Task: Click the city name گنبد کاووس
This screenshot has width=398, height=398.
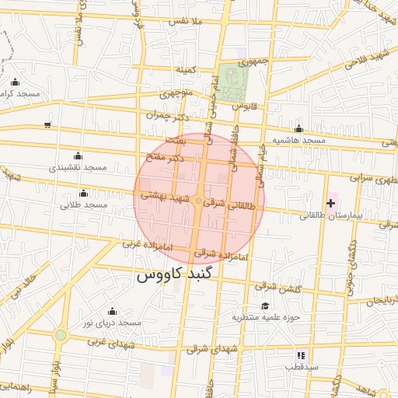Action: pos(179,274)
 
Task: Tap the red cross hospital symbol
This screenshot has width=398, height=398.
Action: pos(331,203)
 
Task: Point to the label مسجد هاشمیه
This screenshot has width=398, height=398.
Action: pos(298,140)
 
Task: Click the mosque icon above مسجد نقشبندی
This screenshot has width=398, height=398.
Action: pos(77,155)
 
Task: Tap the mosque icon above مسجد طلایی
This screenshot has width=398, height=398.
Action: pos(83,193)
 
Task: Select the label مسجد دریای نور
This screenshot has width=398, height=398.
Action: pos(113,323)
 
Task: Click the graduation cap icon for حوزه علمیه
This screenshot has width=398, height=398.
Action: pos(265,305)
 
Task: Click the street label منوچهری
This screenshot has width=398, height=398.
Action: pos(175,94)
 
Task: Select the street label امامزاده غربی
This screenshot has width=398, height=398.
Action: pos(145,244)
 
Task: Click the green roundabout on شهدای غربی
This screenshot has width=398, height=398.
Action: pos(61,335)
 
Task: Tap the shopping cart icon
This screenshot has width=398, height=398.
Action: pos(48,124)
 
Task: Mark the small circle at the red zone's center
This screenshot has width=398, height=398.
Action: pos(199,202)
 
